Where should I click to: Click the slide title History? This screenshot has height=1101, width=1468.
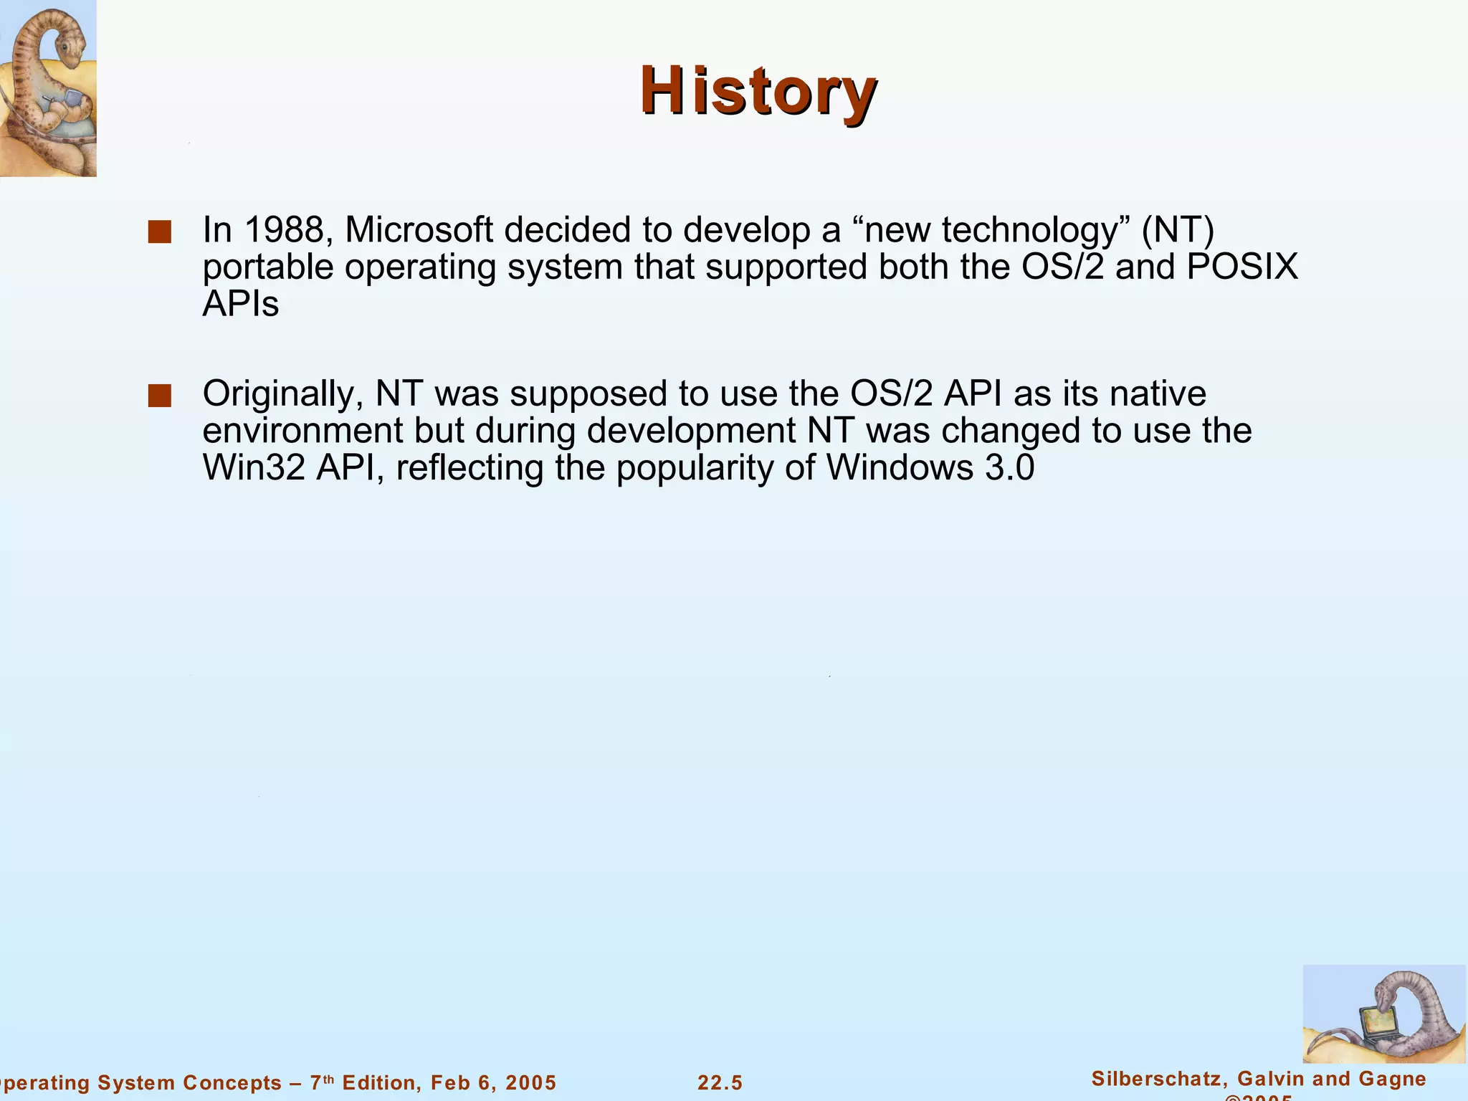(x=758, y=92)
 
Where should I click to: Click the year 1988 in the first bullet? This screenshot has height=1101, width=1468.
(x=284, y=230)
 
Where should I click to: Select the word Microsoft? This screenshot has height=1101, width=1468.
(x=419, y=230)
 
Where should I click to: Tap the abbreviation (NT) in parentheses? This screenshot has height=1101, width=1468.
(x=1178, y=230)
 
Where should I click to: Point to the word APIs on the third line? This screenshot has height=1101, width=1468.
(x=240, y=305)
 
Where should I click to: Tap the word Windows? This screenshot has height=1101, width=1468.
(x=900, y=468)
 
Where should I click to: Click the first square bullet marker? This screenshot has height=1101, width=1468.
(x=159, y=232)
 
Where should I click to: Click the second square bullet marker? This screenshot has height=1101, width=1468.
(x=159, y=396)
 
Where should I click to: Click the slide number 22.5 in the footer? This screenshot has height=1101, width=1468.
(x=720, y=1083)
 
